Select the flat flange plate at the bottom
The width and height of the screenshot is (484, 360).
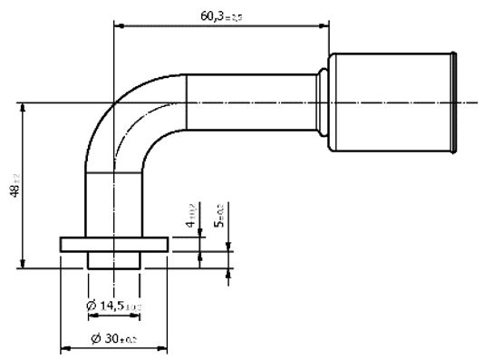[x=114, y=244]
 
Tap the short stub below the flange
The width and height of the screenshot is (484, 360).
[x=114, y=259]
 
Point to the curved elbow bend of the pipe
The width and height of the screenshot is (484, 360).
[x=127, y=122]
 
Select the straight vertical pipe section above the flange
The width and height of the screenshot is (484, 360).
[x=114, y=204]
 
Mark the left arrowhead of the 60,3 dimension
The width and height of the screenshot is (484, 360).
[x=118, y=24]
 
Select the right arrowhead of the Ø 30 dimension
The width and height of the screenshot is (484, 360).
[x=164, y=348]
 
